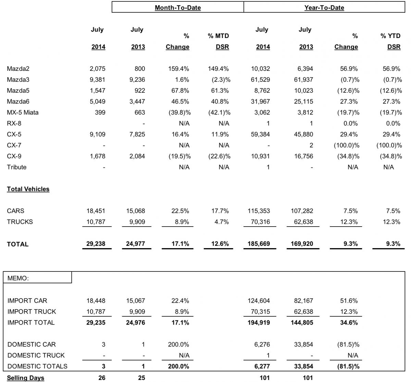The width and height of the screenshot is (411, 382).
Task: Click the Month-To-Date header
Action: pyautogui.click(x=177, y=8)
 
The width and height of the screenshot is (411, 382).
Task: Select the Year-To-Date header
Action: pyautogui.click(x=324, y=8)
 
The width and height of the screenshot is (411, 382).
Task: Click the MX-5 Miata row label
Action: pyautogui.click(x=23, y=113)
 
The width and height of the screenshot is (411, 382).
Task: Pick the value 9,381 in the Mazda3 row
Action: pyautogui.click(x=97, y=80)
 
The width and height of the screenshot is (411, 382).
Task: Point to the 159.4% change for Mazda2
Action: pyautogui.click(x=178, y=69)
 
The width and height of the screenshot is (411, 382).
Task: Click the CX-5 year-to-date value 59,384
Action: pyautogui.click(x=260, y=135)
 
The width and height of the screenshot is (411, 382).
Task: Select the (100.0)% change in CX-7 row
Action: pyautogui.click(x=347, y=145)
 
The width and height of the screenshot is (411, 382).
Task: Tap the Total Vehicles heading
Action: pyautogui.click(x=28, y=189)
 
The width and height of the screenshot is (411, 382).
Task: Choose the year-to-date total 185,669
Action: pyautogui.click(x=259, y=244)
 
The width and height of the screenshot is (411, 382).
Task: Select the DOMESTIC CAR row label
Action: pyautogui.click(x=32, y=344)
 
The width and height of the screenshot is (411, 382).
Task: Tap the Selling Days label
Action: pyautogui.click(x=25, y=378)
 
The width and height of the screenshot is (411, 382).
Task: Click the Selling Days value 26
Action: pyautogui.click(x=102, y=378)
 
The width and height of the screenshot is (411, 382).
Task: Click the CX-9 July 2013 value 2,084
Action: pyautogui.click(x=138, y=156)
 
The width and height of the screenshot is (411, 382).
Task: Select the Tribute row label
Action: pyautogui.click(x=16, y=167)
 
